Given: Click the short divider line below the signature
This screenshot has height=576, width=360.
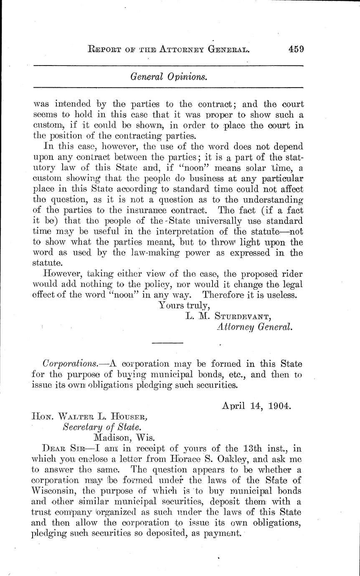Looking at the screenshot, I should click(165, 343).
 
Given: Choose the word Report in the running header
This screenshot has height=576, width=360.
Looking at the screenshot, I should click(112, 49).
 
